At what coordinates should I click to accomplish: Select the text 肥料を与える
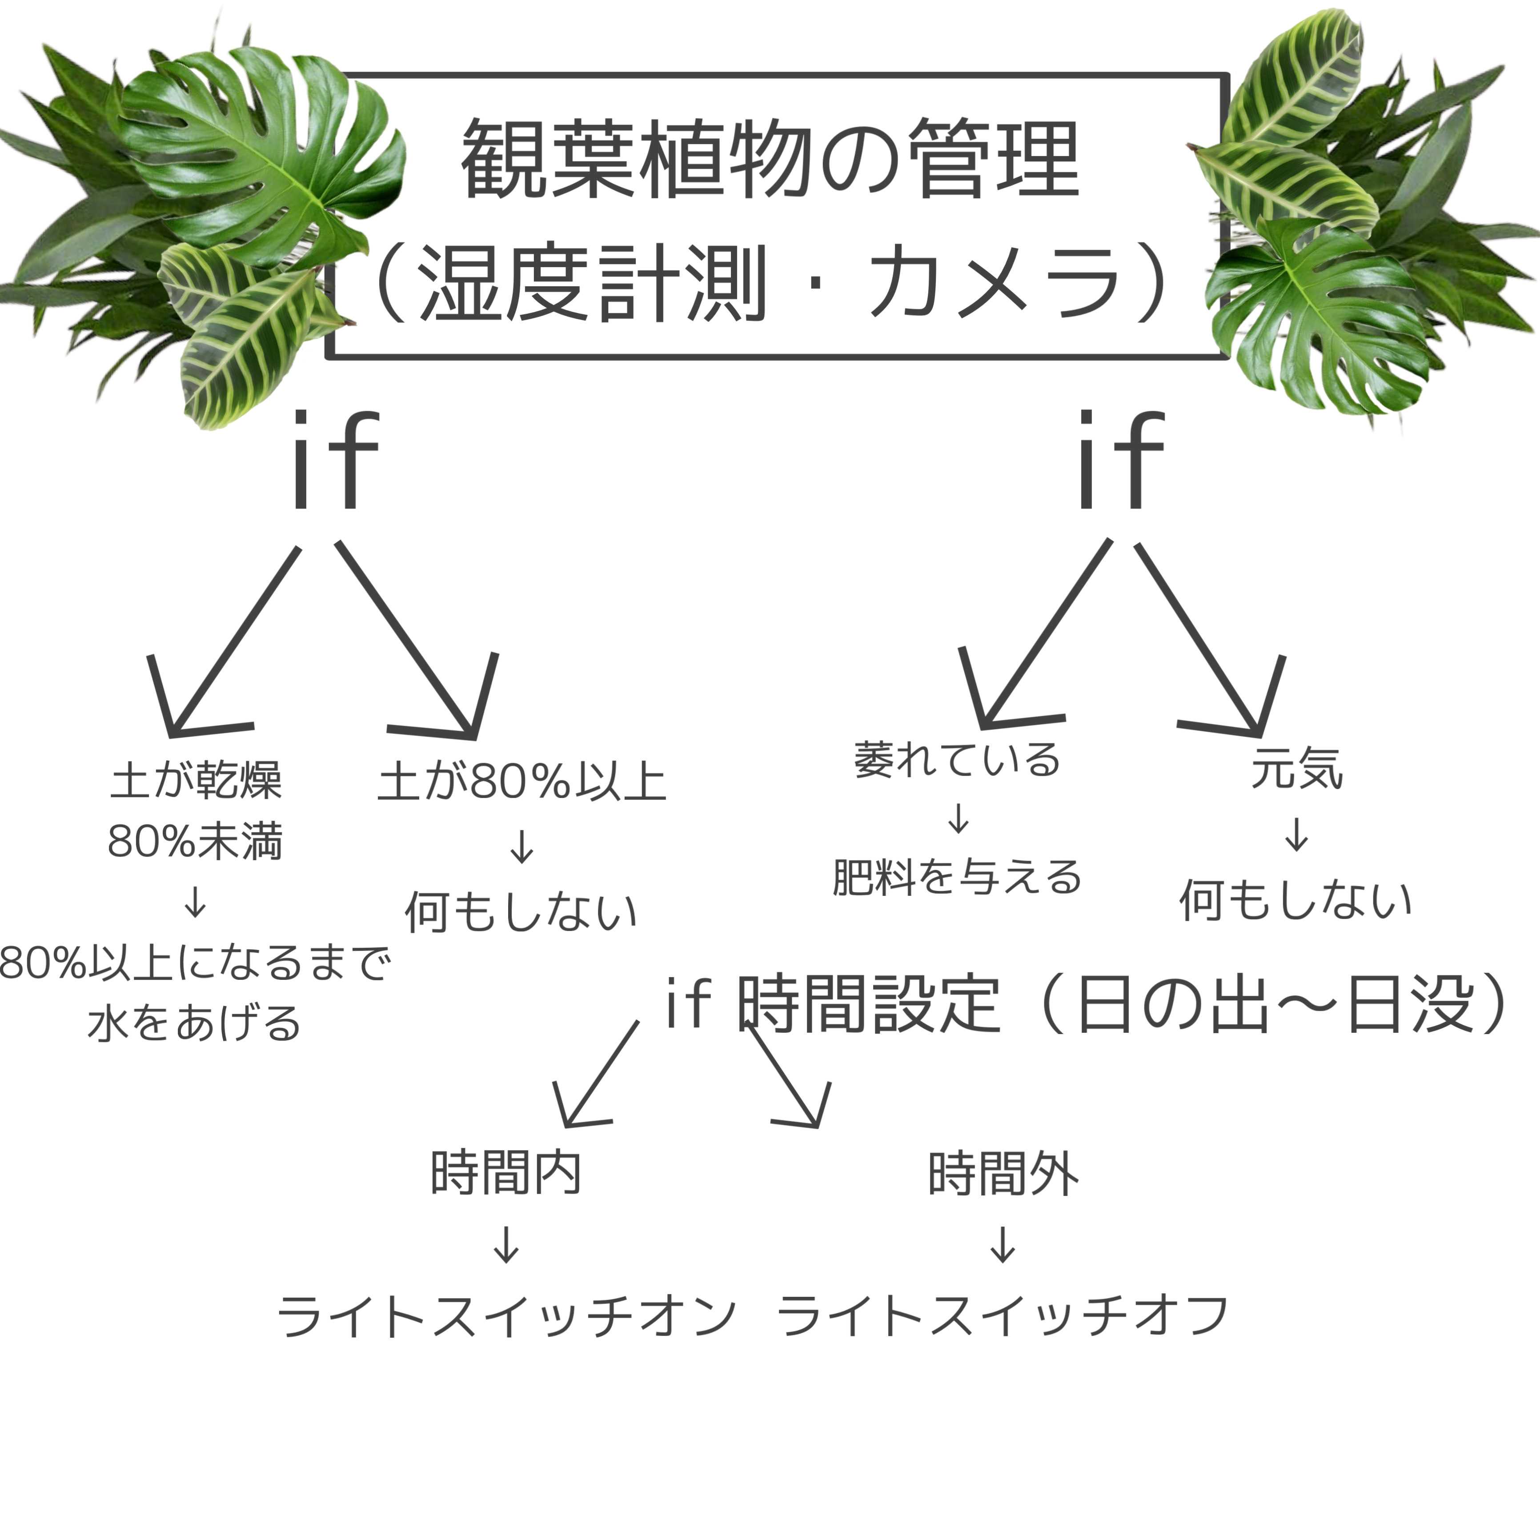coord(957,877)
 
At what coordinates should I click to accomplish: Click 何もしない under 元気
coord(1295,901)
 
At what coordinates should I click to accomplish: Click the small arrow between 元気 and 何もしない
coord(1297,834)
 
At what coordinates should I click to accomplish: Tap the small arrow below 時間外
coord(1003,1243)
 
